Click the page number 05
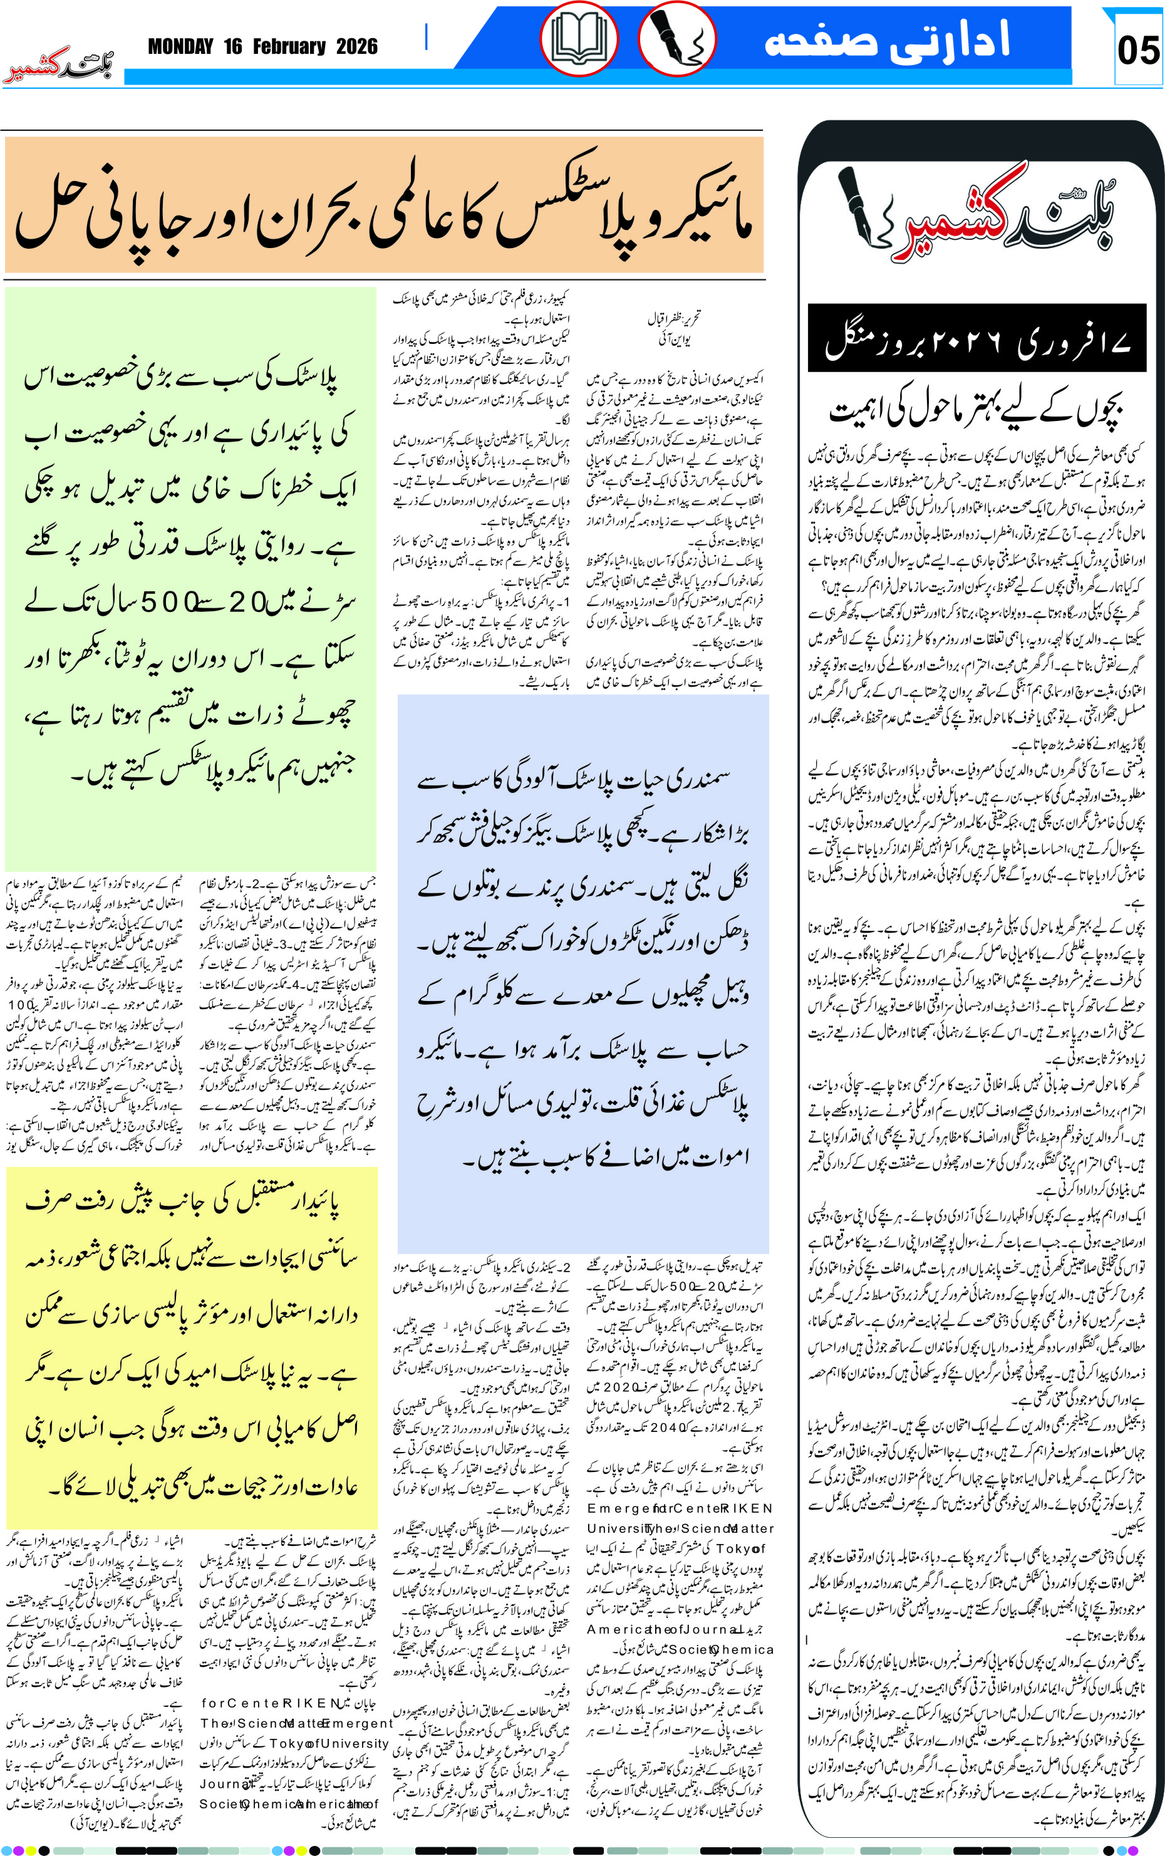pyautogui.click(x=1137, y=51)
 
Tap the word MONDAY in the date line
pyautogui.click(x=180, y=47)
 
